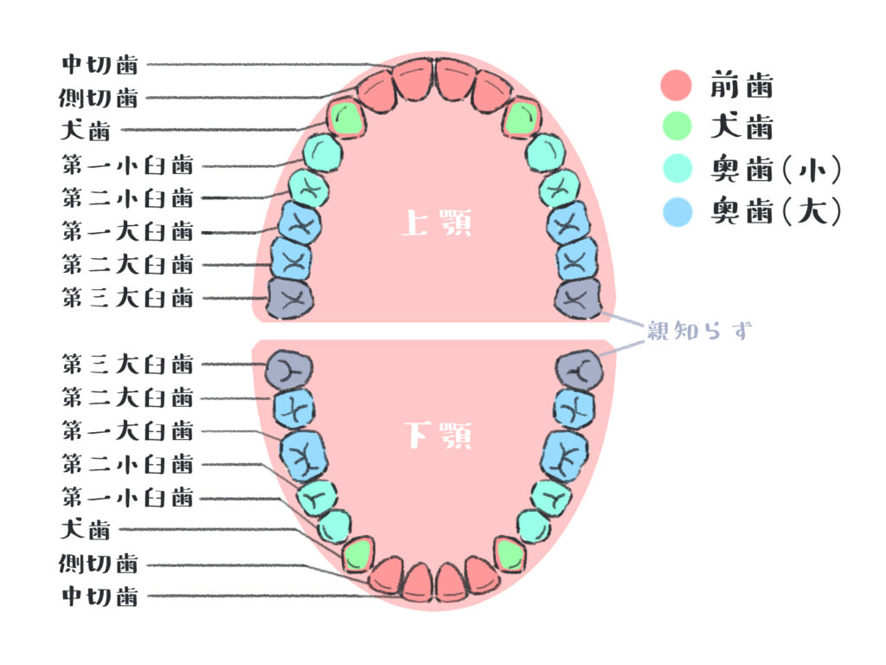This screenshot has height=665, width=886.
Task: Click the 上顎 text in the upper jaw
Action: pyautogui.click(x=436, y=224)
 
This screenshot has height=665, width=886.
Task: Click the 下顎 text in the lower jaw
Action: pyautogui.click(x=438, y=436)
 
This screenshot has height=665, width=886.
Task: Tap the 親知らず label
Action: pyautogui.click(x=699, y=331)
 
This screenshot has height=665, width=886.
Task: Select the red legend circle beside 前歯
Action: pyautogui.click(x=676, y=85)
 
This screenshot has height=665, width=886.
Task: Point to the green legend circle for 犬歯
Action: pyautogui.click(x=676, y=126)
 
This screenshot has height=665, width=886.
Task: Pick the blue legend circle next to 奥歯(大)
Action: pyautogui.click(x=676, y=210)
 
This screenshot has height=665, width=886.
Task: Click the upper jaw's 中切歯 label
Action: pyautogui.click(x=100, y=64)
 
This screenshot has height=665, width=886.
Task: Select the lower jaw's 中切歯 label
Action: pyautogui.click(x=100, y=597)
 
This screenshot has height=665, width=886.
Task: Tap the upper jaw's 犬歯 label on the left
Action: pyautogui.click(x=86, y=132)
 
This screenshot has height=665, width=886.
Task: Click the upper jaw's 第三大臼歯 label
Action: pyautogui.click(x=127, y=299)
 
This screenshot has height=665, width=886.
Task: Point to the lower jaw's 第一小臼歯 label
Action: pyautogui.click(x=127, y=497)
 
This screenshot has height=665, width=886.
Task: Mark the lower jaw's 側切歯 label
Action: pyautogui.click(x=100, y=564)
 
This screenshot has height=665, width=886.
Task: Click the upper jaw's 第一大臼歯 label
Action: pyautogui.click(x=127, y=231)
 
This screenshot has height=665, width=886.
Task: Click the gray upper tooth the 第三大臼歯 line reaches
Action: pyautogui.click(x=290, y=297)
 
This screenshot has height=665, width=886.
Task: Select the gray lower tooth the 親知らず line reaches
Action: pyautogui.click(x=579, y=369)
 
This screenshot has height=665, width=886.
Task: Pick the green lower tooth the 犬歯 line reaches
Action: pyautogui.click(x=357, y=554)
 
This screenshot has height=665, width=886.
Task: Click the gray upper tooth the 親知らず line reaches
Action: pyautogui.click(x=578, y=299)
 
